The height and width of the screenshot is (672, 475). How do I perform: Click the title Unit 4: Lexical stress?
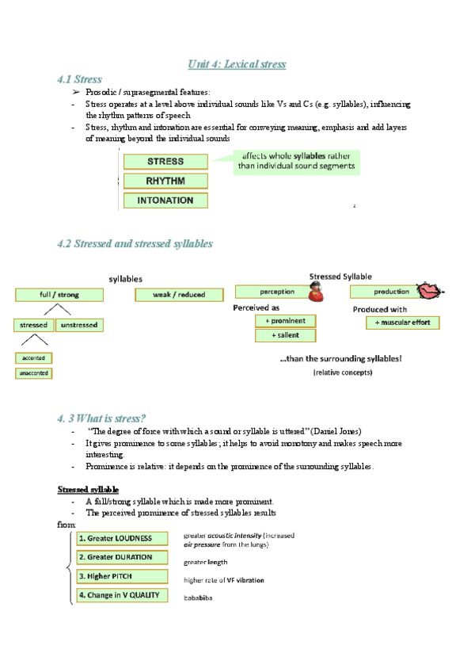click(x=237, y=63)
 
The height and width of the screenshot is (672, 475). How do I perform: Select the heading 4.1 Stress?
click(x=79, y=79)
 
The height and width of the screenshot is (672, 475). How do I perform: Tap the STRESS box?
click(x=165, y=161)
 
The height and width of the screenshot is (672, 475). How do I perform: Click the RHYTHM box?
click(x=165, y=181)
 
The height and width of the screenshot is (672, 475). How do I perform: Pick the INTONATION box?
click(x=165, y=200)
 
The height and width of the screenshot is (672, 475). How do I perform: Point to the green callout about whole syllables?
click(x=296, y=162)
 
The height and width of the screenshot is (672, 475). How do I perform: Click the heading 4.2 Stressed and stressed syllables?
click(x=135, y=244)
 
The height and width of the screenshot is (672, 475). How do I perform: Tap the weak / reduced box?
click(x=181, y=295)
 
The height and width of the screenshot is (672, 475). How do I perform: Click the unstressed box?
click(x=79, y=325)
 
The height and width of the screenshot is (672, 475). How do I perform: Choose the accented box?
click(x=33, y=358)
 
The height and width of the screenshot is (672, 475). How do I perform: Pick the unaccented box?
click(x=33, y=372)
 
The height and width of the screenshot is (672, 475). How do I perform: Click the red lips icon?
click(x=430, y=291)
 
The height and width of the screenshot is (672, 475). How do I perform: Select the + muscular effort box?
click(x=402, y=323)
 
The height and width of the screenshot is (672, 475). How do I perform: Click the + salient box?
click(x=285, y=336)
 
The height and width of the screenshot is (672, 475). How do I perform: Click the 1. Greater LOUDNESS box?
click(x=122, y=539)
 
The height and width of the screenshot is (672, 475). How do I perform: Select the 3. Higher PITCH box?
click(x=122, y=576)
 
